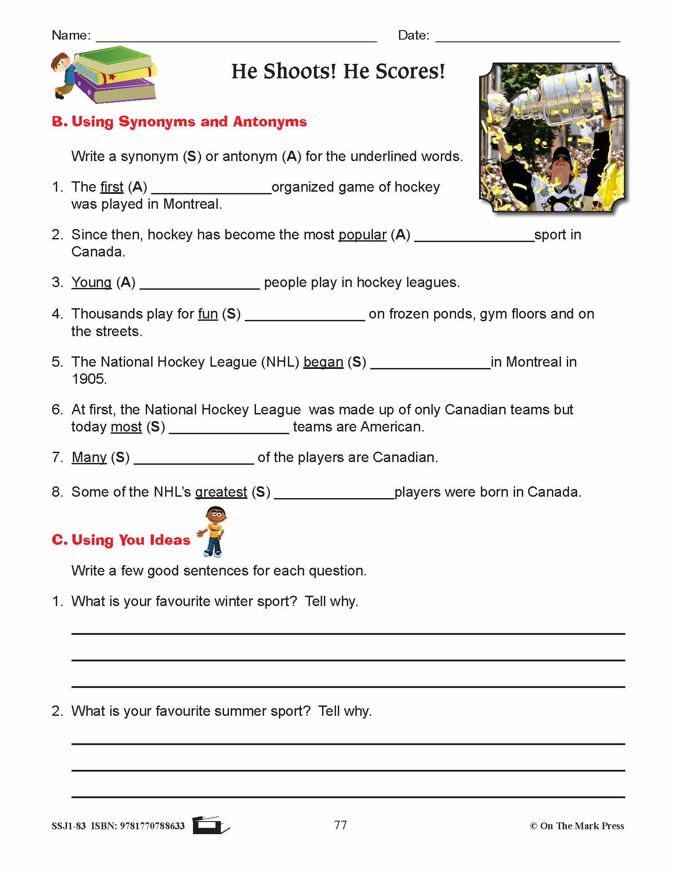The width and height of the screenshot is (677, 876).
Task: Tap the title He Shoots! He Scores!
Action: (338, 72)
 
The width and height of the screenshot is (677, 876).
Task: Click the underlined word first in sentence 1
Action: (112, 187)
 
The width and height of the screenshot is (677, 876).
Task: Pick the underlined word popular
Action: (362, 235)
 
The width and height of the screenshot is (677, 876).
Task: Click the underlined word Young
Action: (91, 283)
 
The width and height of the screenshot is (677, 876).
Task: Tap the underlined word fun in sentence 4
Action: (207, 314)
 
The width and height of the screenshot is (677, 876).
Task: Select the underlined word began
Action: (323, 362)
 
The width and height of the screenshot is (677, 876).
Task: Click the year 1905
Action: (89, 379)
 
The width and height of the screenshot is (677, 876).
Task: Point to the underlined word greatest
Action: (221, 492)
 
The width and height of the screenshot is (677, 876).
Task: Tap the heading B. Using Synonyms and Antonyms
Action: (179, 122)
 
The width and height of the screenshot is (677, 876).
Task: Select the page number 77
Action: (341, 825)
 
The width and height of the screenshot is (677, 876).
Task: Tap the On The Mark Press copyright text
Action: (577, 826)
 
